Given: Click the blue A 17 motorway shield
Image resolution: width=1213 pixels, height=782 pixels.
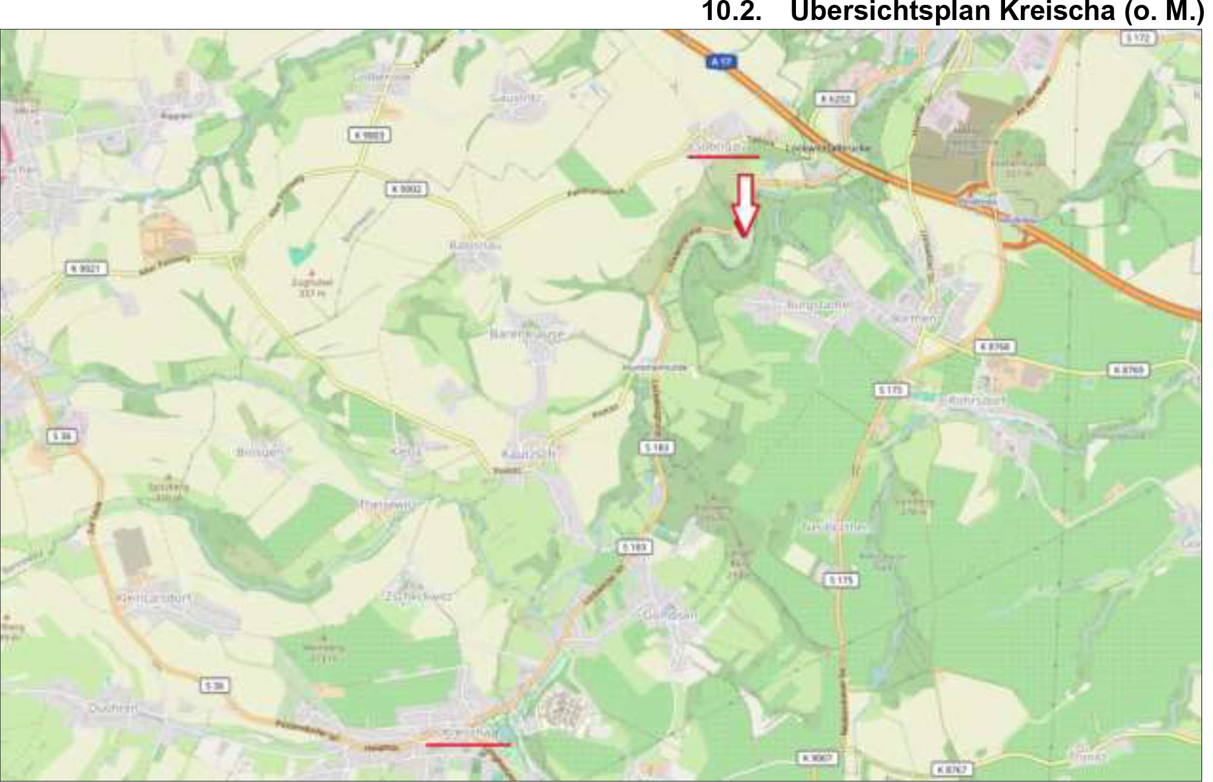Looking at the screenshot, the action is click(x=720, y=61).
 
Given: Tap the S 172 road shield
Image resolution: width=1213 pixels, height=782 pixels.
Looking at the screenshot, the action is click(x=1137, y=38).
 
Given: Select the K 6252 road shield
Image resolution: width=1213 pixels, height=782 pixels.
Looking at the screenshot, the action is click(x=835, y=99).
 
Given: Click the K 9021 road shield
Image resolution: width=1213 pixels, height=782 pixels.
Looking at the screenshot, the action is click(x=87, y=268).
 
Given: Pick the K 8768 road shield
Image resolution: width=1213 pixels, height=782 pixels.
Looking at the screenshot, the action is click(x=994, y=347).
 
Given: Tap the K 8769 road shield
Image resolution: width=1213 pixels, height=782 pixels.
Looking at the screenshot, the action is click(x=1128, y=370).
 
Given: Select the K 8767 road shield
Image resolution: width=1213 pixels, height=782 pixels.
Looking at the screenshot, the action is click(x=952, y=769).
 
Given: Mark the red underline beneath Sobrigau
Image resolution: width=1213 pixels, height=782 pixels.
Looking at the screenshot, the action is click(x=723, y=156).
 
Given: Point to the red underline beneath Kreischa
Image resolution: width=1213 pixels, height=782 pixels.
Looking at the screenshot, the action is click(x=468, y=744).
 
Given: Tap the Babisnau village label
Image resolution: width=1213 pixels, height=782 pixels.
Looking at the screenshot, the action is click(x=476, y=246).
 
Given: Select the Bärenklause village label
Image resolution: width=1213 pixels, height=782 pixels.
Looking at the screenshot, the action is click(x=527, y=334).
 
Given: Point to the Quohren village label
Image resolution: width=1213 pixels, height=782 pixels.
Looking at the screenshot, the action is click(x=113, y=707).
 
